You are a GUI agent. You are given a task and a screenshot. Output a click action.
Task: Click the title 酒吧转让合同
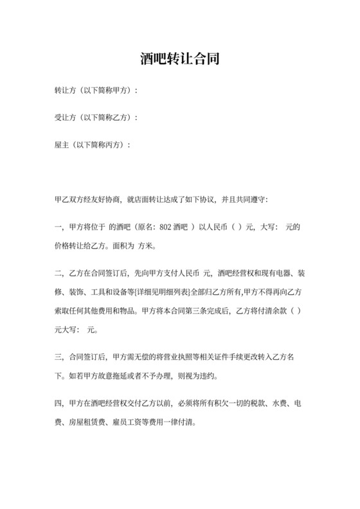180,60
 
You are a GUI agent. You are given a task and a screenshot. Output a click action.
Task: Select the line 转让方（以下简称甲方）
96,91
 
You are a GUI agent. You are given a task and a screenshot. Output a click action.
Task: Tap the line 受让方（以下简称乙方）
96,118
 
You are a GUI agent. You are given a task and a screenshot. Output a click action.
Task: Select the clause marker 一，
59,227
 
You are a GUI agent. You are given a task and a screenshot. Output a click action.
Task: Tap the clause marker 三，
59,355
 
